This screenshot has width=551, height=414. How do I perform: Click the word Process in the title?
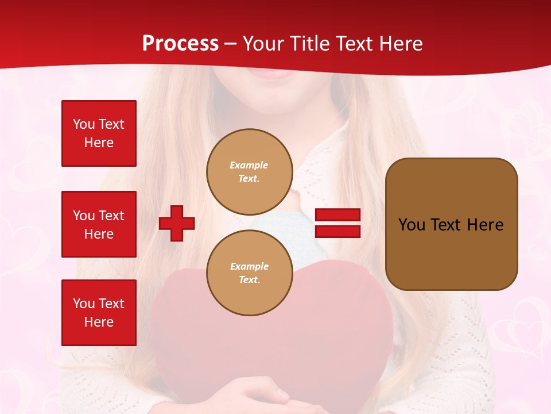point(180,44)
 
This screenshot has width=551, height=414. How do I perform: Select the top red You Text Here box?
point(99,133)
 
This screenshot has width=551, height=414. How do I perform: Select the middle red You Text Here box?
point(99,224)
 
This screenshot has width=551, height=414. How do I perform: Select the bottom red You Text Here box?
point(99,313)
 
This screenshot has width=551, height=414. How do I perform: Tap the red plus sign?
point(177,223)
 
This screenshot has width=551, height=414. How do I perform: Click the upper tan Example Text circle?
point(249,172)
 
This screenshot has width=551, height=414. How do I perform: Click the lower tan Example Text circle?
point(249,273)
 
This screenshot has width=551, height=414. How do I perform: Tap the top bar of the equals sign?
point(337,215)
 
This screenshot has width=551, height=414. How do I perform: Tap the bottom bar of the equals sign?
point(337,232)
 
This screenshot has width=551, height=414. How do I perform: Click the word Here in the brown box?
point(485,225)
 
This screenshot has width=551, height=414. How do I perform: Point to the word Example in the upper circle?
point(249,166)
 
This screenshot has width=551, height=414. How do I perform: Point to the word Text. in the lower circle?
point(249,280)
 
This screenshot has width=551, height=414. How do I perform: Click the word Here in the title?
point(400,44)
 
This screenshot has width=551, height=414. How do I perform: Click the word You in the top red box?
point(84,124)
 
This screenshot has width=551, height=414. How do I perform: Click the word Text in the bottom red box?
point(111,304)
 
